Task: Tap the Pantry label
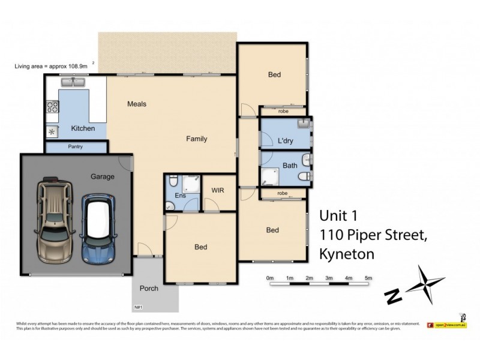click(x=76, y=146)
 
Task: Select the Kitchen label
click(x=83, y=128)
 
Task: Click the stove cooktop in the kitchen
click(x=52, y=107)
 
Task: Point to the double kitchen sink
click(x=75, y=82)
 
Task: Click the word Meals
click(x=137, y=104)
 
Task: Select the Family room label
click(x=196, y=139)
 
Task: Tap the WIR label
click(x=218, y=190)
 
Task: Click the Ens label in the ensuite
click(x=180, y=196)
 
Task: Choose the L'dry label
click(x=286, y=141)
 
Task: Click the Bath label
click(x=290, y=166)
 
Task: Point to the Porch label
click(x=149, y=289)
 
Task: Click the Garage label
click(x=102, y=176)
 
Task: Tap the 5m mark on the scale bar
click(x=368, y=278)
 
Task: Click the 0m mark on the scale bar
click(x=270, y=278)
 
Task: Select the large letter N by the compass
click(x=393, y=296)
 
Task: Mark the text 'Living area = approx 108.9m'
click(x=52, y=66)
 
